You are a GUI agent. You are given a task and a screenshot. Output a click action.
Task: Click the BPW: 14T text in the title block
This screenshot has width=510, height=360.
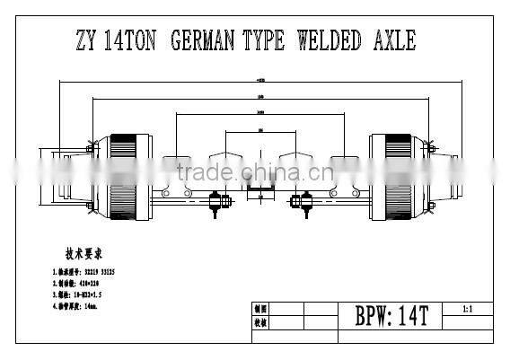[391, 317]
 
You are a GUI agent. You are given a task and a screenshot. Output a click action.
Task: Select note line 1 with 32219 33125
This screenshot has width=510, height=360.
[83, 270]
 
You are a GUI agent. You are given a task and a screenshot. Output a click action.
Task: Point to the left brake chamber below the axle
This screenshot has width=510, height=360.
[215, 205]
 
